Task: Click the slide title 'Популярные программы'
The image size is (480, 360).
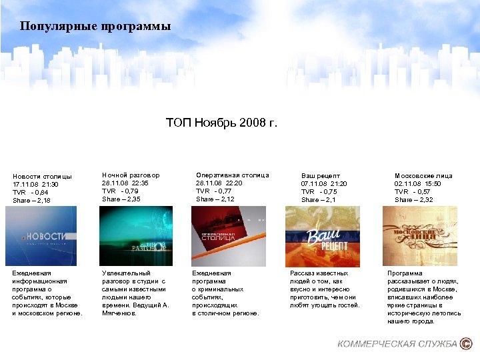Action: [x=95, y=27]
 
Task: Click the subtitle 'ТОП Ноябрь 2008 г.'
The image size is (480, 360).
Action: [x=221, y=123]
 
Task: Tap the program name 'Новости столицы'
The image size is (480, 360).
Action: [x=42, y=176]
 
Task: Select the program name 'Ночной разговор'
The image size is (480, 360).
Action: [x=131, y=175]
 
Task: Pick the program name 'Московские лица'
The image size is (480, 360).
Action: [x=423, y=176]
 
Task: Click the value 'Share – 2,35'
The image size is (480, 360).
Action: [x=122, y=199]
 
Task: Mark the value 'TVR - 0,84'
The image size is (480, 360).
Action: [x=31, y=192]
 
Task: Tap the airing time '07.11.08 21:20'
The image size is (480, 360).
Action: [x=324, y=183]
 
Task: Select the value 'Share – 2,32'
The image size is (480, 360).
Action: [x=413, y=199]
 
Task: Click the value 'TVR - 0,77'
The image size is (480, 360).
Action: [x=214, y=191]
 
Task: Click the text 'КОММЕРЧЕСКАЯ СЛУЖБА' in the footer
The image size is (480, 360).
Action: [x=397, y=344]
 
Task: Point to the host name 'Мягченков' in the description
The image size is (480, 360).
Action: [x=118, y=313]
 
